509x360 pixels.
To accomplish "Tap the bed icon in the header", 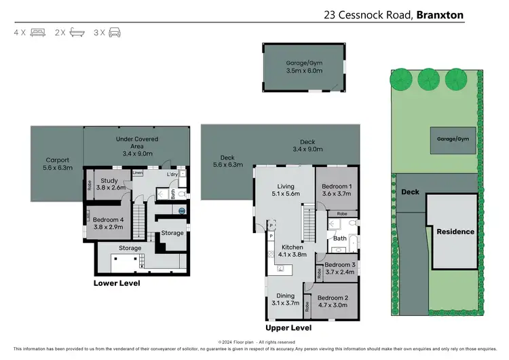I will (39, 32).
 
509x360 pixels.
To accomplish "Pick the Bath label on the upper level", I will (339, 238).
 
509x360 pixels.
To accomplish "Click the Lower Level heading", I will (117, 283).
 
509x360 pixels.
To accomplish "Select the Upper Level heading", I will (288, 327).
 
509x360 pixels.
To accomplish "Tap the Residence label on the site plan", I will (455, 232).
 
